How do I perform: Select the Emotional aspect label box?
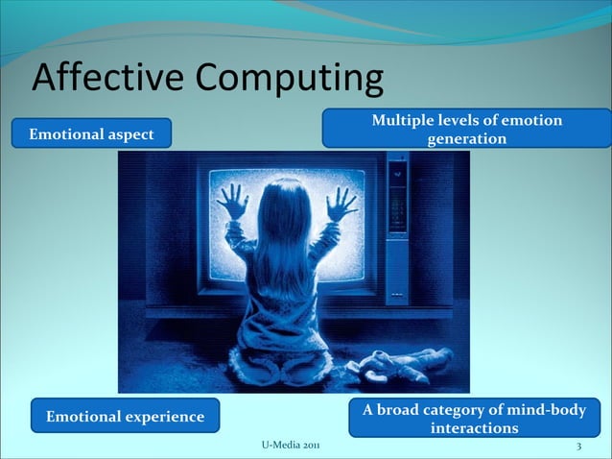click(x=91, y=134)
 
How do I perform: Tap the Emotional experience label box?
click(x=125, y=416)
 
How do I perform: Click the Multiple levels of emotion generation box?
click(x=466, y=129)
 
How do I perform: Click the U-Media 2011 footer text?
click(x=292, y=447)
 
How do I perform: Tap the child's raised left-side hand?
click(x=232, y=201)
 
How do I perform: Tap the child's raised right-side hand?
click(x=341, y=203)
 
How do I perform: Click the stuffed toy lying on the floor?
click(x=402, y=363)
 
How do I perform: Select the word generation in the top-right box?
click(x=466, y=139)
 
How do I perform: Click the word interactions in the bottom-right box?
click(x=475, y=428)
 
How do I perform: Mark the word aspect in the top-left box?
click(x=129, y=134)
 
